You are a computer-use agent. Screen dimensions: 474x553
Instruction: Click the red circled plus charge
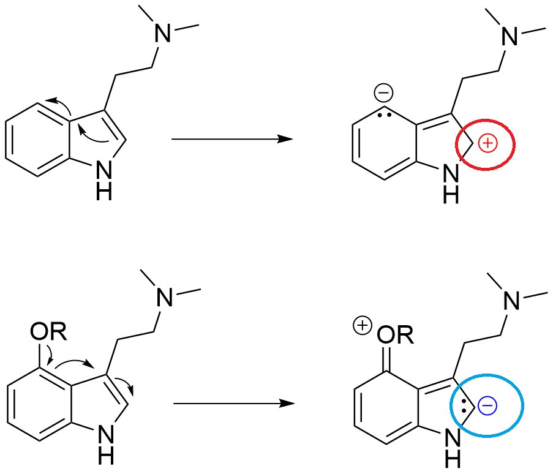pyautogui.click(x=487, y=144)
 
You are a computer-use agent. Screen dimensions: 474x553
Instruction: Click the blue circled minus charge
pyautogui.click(x=487, y=405)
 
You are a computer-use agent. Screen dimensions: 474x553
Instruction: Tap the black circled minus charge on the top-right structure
pyautogui.click(x=384, y=94)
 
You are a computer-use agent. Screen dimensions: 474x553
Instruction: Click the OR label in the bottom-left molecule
pyautogui.click(x=46, y=334)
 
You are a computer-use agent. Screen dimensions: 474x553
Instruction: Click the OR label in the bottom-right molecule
pyautogui.click(x=396, y=334)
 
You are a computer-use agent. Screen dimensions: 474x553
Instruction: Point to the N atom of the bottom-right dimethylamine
pyautogui.click(x=510, y=300)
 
